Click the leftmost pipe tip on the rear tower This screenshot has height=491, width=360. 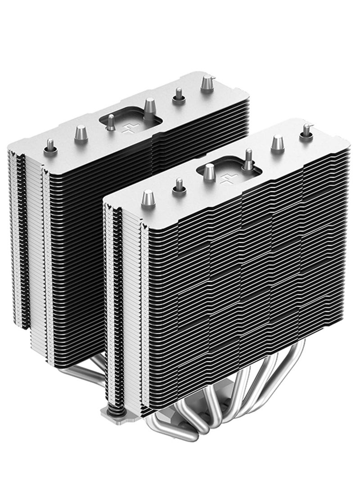50,146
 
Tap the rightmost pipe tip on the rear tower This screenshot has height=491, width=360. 207,83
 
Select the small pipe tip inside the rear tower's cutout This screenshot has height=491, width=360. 111,123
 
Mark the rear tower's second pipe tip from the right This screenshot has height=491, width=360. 179,95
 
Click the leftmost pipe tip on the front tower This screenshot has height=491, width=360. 148,197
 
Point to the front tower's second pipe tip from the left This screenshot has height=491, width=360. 179,185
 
